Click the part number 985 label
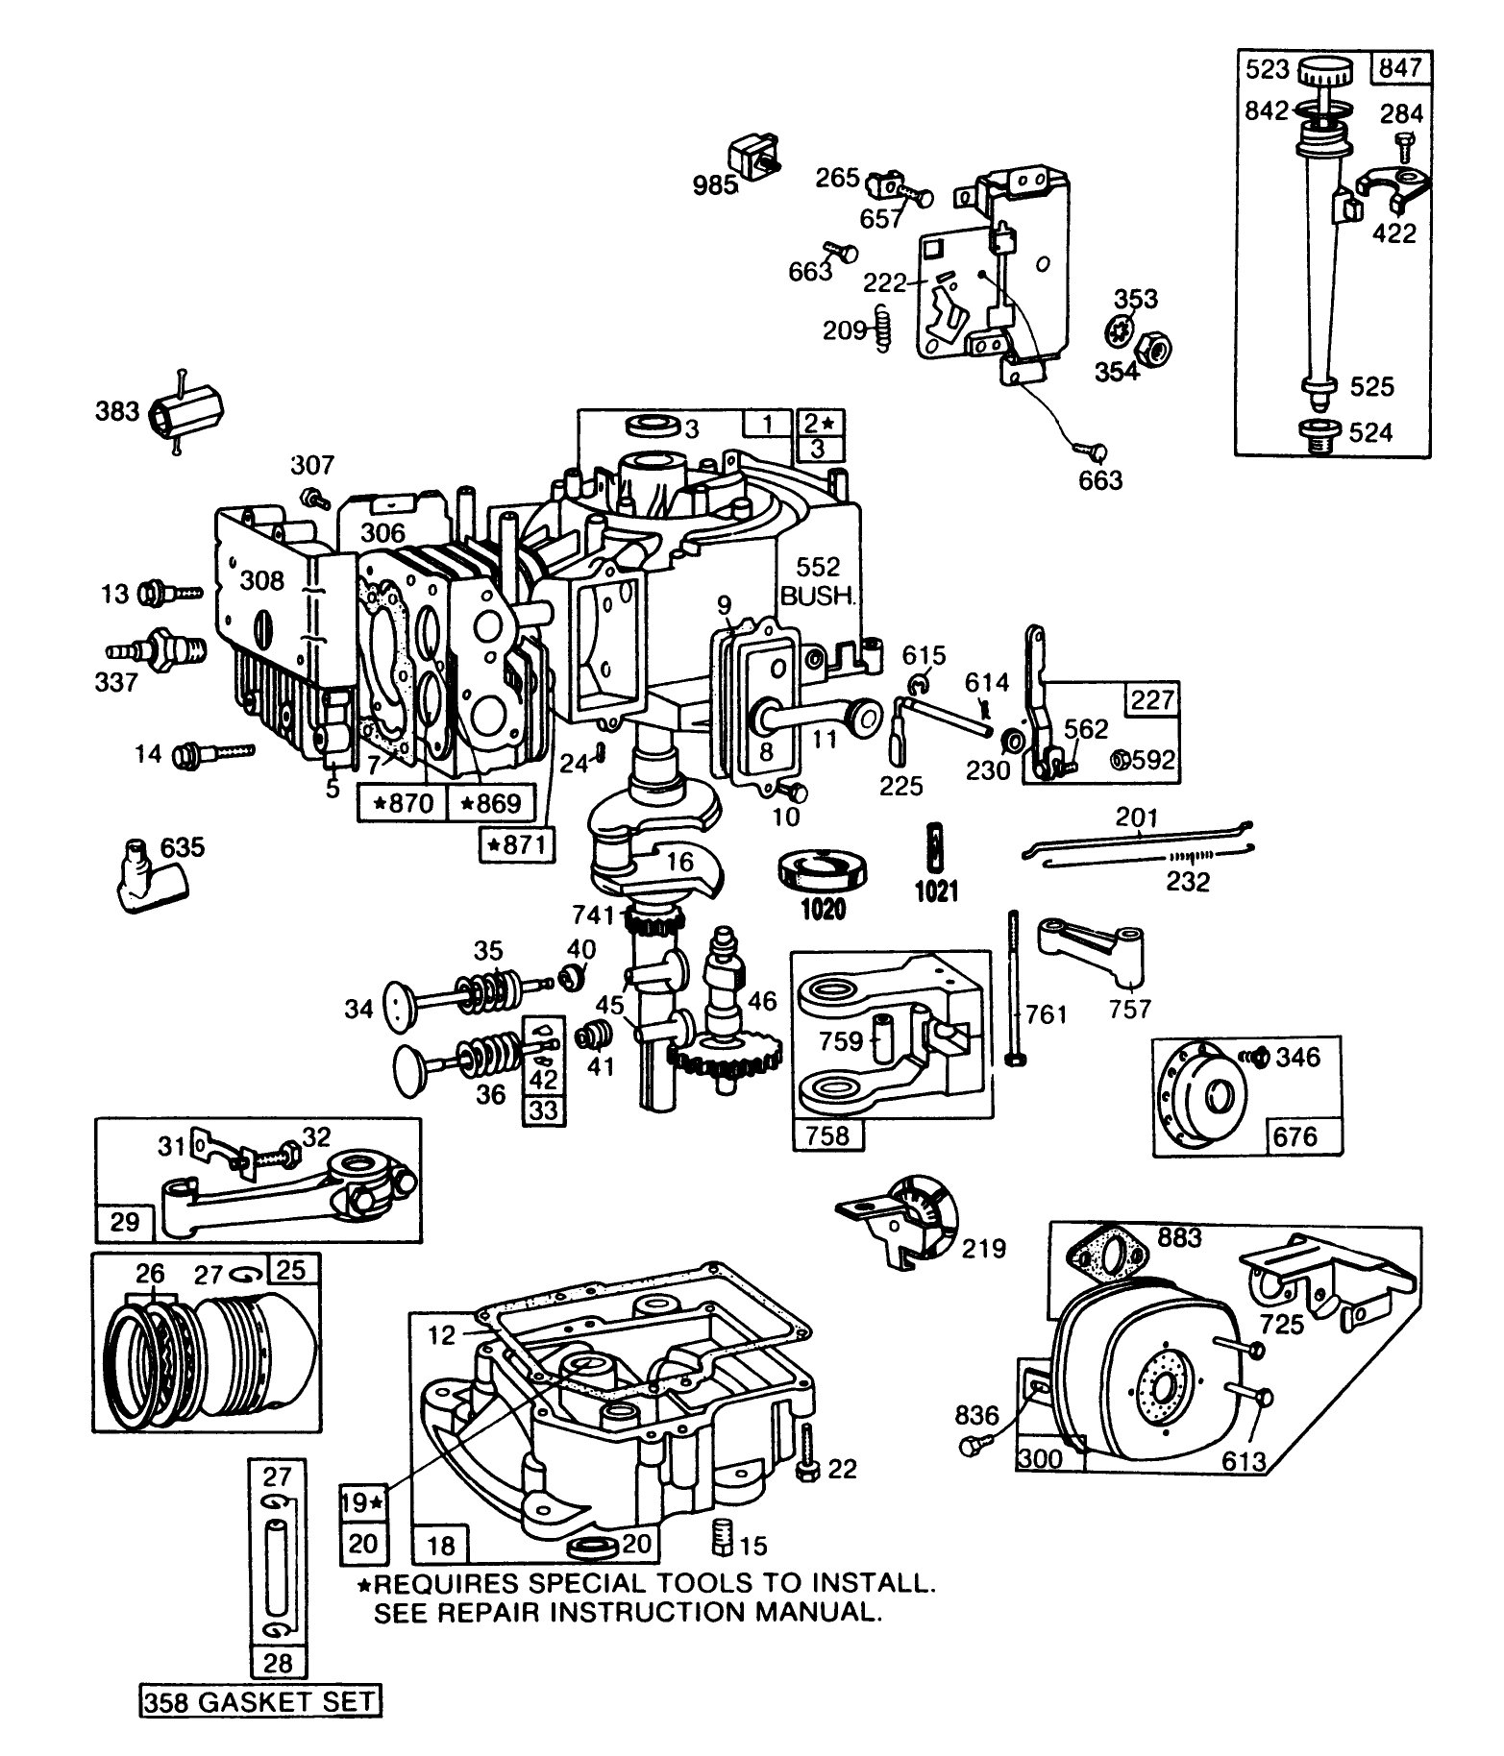click(x=715, y=184)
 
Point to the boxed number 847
click(x=1403, y=69)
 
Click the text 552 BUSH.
click(x=817, y=581)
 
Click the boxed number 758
click(x=827, y=1135)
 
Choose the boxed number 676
click(x=1294, y=1136)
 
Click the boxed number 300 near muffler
click(x=1041, y=1458)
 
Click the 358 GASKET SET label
click(x=259, y=1702)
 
